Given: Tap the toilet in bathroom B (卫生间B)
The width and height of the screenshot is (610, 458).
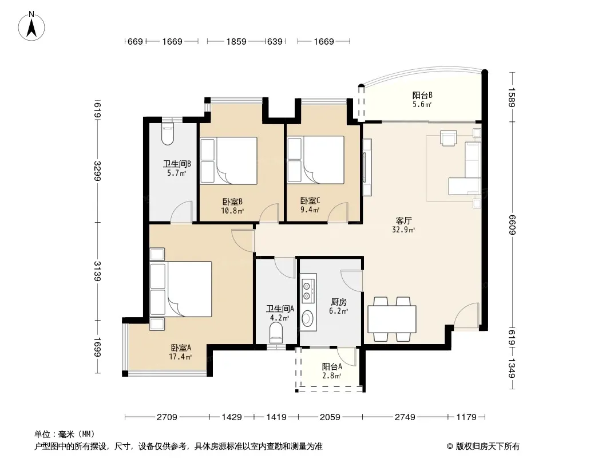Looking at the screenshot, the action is [168, 134].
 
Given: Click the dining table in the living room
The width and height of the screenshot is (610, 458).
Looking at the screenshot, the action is [392, 319].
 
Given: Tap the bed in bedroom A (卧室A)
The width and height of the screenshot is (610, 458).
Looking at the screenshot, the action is [181, 289].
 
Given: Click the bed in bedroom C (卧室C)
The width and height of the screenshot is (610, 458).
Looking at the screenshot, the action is [315, 160].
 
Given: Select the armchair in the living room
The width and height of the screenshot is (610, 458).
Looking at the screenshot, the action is [449, 138].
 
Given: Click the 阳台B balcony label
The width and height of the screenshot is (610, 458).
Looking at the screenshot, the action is [422, 96].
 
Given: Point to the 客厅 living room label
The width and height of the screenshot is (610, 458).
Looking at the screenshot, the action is [403, 220].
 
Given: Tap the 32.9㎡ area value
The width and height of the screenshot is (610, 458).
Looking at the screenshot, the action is [403, 230].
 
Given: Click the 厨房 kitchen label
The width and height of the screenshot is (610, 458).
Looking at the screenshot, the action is [338, 302].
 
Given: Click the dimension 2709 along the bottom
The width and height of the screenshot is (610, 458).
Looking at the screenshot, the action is [167, 417].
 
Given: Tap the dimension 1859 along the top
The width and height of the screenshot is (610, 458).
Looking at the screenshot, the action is [236, 41].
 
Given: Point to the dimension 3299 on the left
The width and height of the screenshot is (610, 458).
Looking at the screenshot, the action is [97, 171].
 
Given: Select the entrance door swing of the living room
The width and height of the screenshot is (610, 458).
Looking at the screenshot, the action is [466, 315].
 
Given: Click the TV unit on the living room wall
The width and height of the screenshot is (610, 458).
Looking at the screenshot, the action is [367, 167].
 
